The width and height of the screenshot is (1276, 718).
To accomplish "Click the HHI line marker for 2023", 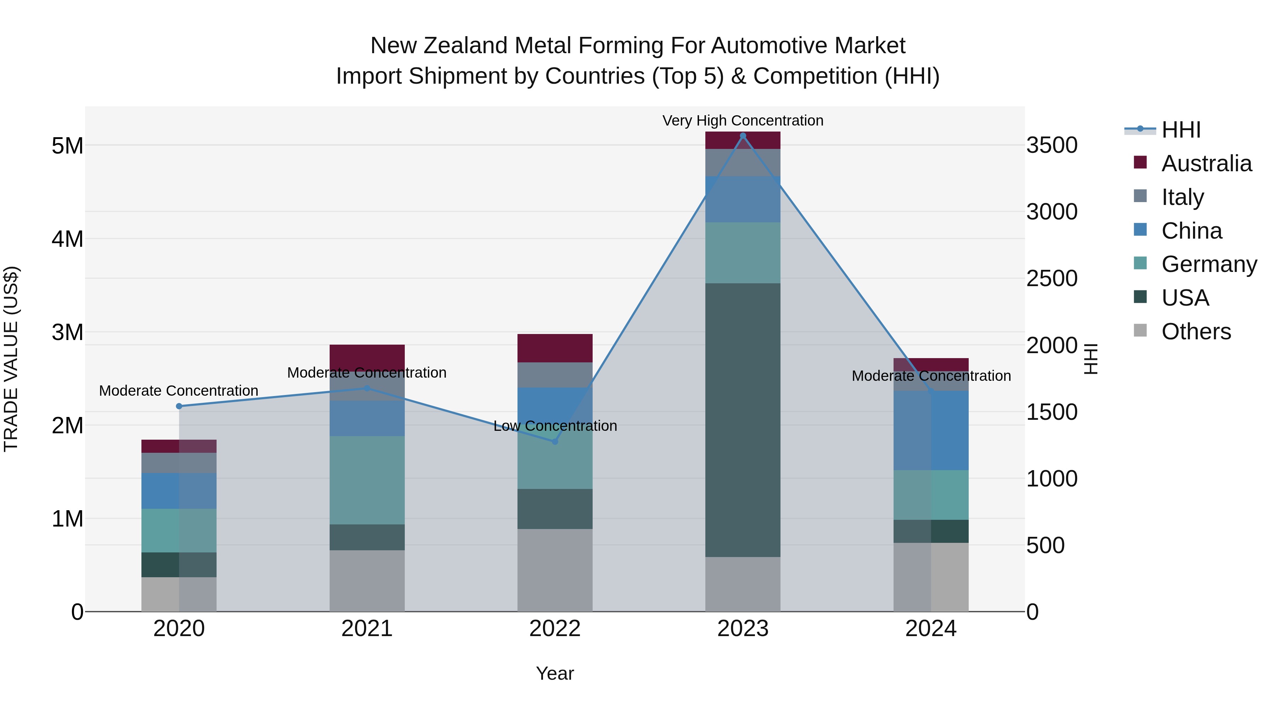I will coord(743,136).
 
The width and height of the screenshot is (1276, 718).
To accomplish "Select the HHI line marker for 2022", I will coord(555,441).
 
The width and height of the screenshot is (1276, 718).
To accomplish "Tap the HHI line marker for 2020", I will coord(179,406).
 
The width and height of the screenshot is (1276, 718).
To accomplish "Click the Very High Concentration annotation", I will coord(743,121).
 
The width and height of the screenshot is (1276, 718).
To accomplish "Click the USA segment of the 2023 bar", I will coord(743,420).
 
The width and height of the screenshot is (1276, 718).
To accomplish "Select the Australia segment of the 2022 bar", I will coord(555,348).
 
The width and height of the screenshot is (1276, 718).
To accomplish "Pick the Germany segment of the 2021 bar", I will coord(367,480).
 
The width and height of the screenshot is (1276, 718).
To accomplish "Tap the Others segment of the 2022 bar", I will coord(555,570).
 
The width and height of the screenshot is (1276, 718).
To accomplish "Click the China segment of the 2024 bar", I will coord(931,430).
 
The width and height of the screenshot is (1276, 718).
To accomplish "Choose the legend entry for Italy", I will coord(1182,197).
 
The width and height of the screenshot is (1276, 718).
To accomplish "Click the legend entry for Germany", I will coord(1209,264).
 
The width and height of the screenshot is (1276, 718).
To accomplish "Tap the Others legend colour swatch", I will coord(1140,330).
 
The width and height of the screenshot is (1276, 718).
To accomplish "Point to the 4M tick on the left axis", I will coord(68,239).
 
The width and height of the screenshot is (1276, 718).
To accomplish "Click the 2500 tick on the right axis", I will coord(1051,278).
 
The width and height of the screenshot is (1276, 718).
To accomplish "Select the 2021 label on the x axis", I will coord(367,629).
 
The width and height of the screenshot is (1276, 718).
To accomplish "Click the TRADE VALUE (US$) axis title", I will coord(11,359).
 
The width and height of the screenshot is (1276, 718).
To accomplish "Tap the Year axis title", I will coord(555,673).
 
